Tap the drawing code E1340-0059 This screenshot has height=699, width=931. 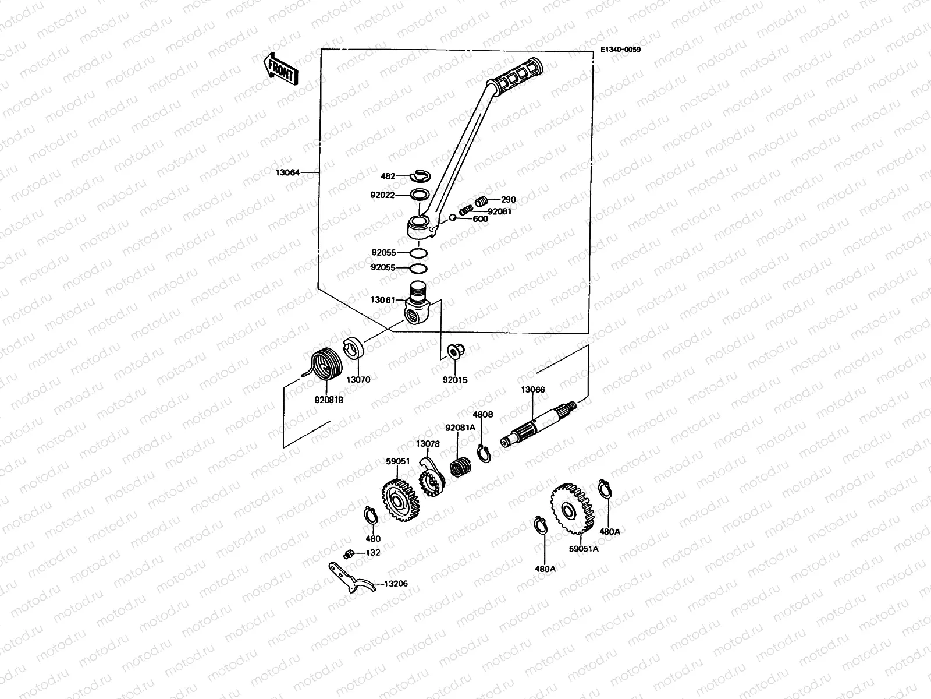tap(620, 50)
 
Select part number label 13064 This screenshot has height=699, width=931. tap(288, 172)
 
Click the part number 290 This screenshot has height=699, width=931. tap(508, 199)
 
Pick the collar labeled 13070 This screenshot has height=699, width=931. tap(355, 348)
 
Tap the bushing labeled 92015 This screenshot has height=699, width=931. tap(454, 352)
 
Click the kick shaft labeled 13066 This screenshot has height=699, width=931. tap(538, 423)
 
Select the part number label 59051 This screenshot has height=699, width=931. tap(398, 461)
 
